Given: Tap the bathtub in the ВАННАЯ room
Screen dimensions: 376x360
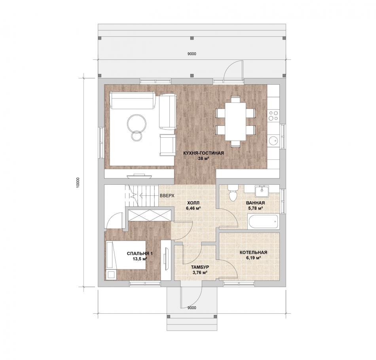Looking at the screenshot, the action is [263, 222].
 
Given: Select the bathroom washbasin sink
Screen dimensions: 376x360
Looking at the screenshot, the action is [262, 191].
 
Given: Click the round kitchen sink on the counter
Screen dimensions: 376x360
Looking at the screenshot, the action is [273, 141].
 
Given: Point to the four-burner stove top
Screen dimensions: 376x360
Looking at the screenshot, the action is [273, 116].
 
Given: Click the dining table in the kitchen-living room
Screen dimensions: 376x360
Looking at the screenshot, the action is [235, 121].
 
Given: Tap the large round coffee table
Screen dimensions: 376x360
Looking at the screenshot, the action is [137, 123].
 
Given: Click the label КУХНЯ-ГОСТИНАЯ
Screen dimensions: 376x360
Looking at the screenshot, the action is [203, 153].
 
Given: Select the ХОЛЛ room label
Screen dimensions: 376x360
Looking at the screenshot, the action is [193, 203].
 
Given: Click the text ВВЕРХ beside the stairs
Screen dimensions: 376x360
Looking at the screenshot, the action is [167, 195].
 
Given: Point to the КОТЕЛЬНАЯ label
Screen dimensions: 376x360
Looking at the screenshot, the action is [253, 252].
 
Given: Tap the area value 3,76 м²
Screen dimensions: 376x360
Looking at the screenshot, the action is [200, 272].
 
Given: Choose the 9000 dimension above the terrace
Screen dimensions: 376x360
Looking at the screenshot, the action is [192, 54].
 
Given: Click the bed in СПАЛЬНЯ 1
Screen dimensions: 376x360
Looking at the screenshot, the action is [126, 255].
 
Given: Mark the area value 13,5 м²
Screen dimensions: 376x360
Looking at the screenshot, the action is [140, 259].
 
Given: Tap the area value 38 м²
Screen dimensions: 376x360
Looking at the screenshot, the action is [203, 158].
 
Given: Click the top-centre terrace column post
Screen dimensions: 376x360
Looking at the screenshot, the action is [192, 38].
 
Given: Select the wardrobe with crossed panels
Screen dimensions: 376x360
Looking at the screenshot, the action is [150, 215].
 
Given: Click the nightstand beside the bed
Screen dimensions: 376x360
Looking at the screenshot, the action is [111, 275].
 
